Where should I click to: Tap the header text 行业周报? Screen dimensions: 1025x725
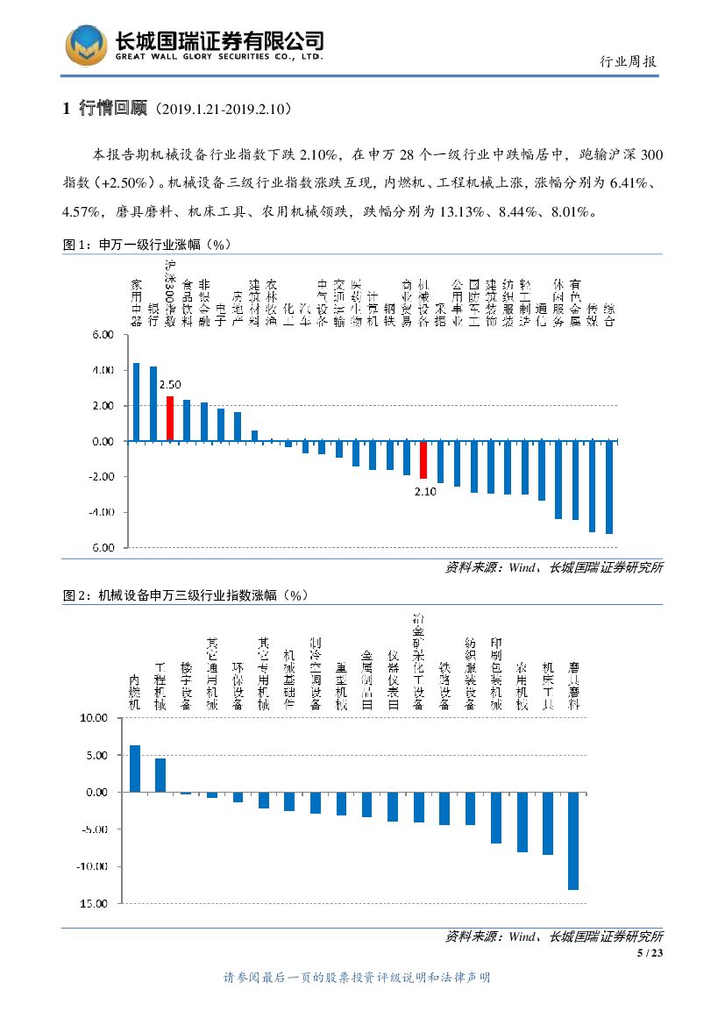click(628, 61)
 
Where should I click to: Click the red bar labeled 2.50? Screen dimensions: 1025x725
click(170, 418)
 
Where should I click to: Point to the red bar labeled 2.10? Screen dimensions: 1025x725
click(423, 459)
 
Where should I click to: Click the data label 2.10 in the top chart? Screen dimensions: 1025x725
click(425, 492)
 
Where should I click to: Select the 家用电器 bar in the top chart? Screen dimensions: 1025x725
click(136, 402)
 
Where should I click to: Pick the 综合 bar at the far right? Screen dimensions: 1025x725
click(609, 487)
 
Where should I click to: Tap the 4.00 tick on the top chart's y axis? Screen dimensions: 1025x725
click(103, 371)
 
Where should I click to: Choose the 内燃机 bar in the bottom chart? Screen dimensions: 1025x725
click(135, 768)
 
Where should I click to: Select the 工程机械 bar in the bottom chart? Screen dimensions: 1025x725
click(160, 775)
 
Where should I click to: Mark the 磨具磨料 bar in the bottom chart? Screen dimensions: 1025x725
click(573, 840)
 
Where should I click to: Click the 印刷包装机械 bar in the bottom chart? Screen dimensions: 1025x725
click(496, 817)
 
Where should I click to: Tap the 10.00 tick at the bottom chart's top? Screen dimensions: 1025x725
click(93, 718)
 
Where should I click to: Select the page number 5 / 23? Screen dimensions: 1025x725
click(650, 953)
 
